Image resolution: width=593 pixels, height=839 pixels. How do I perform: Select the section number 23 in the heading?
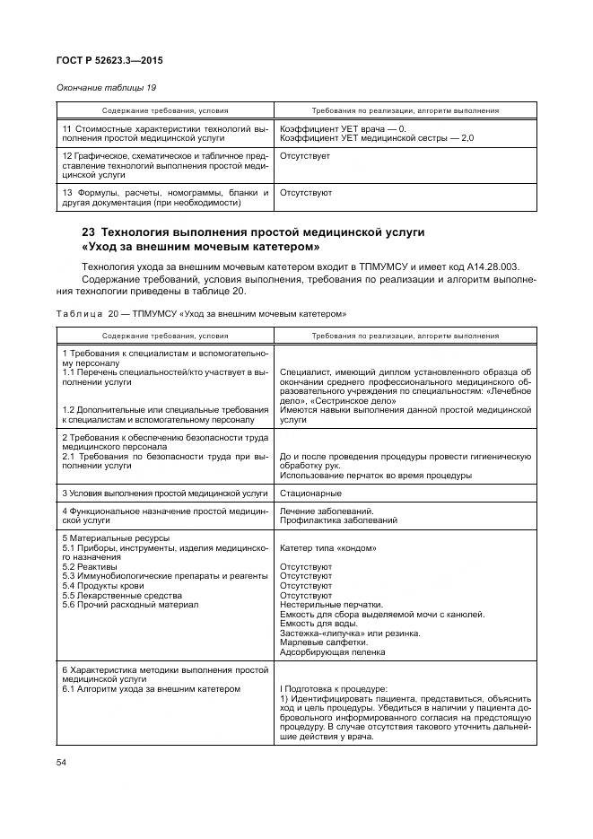(x=88, y=232)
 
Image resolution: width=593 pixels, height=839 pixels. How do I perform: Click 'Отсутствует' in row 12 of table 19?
(x=305, y=156)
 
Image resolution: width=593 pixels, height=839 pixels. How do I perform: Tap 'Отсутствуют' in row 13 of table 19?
(x=306, y=192)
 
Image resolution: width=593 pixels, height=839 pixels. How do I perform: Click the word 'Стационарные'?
(x=310, y=493)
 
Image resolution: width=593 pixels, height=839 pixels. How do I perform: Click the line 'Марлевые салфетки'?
(x=324, y=642)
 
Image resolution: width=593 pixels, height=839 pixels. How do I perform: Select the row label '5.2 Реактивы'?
(x=90, y=567)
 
